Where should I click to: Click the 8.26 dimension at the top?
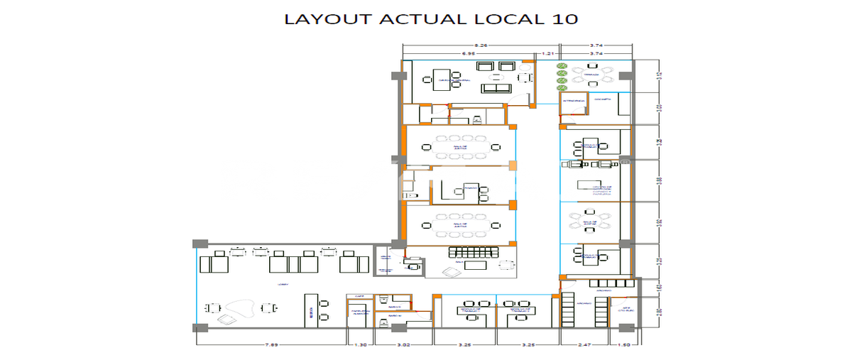click(480, 45)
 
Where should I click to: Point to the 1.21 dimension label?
click(548, 53)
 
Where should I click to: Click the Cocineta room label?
click(603, 101)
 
